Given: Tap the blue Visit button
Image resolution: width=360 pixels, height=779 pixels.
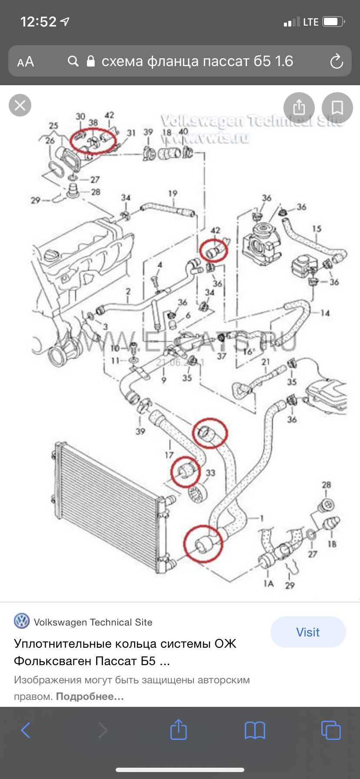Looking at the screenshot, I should pos(308,632).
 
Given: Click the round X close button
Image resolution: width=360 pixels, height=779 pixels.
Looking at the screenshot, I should pos(20,105).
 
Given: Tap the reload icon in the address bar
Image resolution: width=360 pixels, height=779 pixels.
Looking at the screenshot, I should pos(337,62).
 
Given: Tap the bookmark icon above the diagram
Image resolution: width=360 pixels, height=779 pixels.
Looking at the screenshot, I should pos(337,107).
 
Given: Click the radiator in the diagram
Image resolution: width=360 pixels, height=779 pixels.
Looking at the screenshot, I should pos(109,504).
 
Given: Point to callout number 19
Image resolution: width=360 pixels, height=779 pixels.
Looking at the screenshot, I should pos(173,193).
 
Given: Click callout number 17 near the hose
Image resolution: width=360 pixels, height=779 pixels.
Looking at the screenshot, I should pos(169,455).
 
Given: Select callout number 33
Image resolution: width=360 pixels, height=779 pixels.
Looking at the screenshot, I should pos(210,473).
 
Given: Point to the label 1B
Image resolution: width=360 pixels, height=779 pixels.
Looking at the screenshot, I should pos(332,544).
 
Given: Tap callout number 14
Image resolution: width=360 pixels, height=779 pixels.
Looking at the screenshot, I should pos(325,313).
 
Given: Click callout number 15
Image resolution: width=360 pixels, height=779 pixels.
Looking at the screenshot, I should pos(317,229).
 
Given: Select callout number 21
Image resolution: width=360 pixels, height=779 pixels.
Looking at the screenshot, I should pos(265,362).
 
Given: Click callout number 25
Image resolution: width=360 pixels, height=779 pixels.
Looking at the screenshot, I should pos(53,126).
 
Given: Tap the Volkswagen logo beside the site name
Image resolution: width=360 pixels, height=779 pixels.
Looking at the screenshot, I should pos(22,621).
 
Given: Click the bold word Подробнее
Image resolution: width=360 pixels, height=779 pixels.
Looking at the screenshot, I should pos(90,696).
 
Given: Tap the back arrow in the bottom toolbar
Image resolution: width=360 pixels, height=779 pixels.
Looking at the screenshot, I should pos(26,730).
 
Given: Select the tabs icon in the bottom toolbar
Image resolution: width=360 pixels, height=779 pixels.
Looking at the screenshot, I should pos(330,730).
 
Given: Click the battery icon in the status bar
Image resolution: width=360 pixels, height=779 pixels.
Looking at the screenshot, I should pos(333,22).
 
